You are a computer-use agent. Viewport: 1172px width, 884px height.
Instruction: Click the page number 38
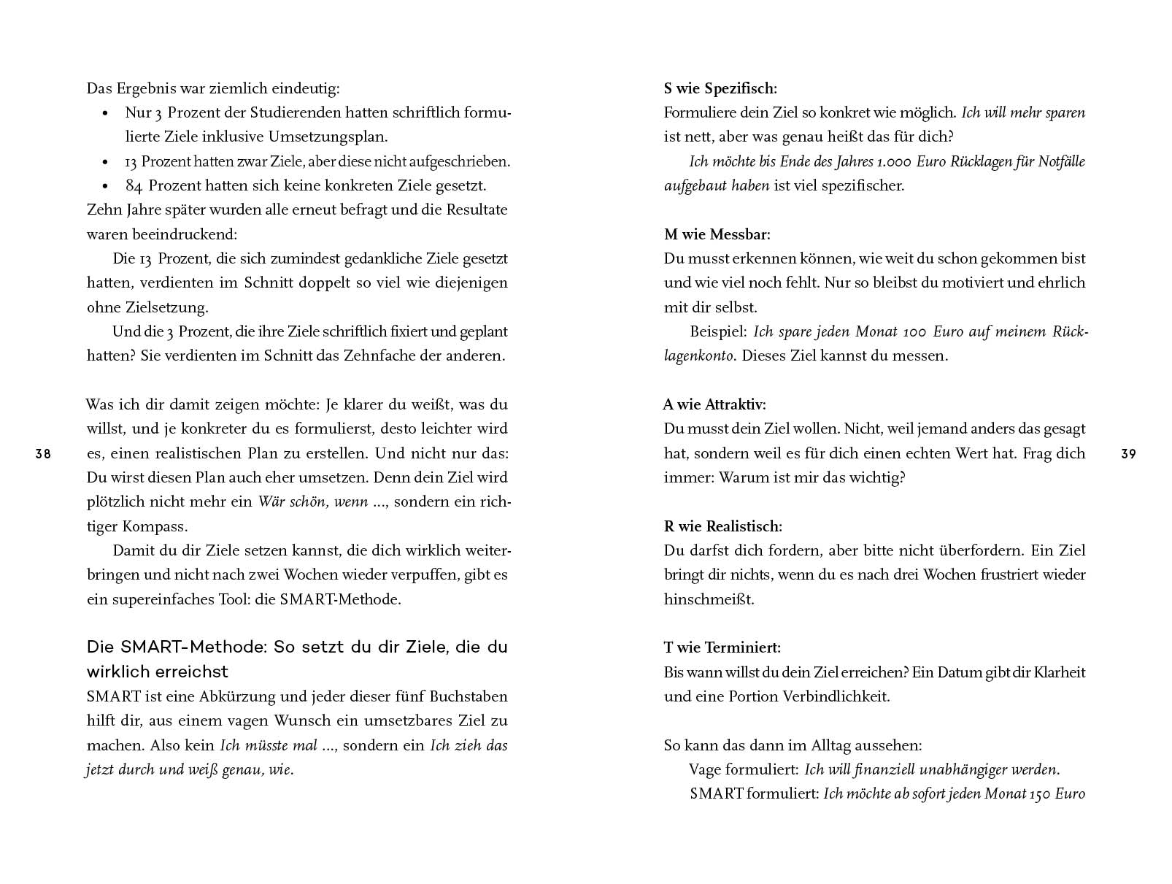pyautogui.click(x=43, y=454)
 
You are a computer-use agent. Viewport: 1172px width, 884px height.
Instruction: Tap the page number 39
pyautogui.click(x=1128, y=454)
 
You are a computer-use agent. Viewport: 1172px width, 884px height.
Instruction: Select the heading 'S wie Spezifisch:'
pyautogui.click(x=720, y=88)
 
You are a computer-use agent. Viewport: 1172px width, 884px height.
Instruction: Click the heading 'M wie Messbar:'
pyautogui.click(x=717, y=234)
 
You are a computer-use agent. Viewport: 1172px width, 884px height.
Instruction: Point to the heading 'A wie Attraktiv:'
pyautogui.click(x=714, y=404)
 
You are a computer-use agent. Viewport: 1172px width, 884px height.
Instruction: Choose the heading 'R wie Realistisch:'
pyautogui.click(x=722, y=526)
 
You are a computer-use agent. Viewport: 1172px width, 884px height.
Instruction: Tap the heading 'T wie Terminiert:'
pyautogui.click(x=722, y=647)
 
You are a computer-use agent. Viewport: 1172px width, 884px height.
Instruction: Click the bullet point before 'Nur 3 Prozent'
pyautogui.click(x=106, y=113)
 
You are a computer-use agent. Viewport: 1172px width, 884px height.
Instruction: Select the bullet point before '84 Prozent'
pyautogui.click(x=106, y=186)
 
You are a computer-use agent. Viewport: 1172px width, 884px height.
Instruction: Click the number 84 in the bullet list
pyautogui.click(x=134, y=185)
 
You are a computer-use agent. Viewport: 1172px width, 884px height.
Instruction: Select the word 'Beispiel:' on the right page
pyautogui.click(x=718, y=331)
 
